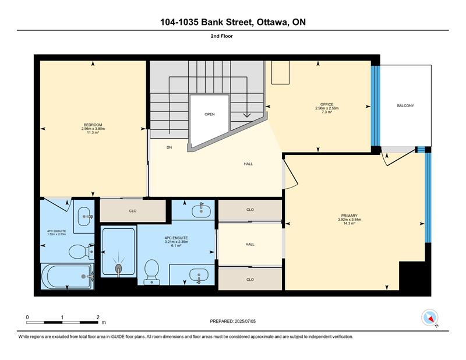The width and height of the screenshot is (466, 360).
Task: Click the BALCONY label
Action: click(x=405, y=105)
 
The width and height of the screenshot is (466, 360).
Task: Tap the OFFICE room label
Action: click(x=327, y=104)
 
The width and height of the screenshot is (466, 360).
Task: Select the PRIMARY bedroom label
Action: click(x=349, y=216)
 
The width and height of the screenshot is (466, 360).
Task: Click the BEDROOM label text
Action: click(x=93, y=125)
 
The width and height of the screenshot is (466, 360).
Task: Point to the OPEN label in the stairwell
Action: click(x=210, y=114)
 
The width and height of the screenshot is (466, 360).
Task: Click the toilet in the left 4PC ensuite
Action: click(x=82, y=252)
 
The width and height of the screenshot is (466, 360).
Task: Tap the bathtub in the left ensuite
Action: click(x=68, y=277)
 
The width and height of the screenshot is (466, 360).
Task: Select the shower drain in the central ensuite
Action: click(x=118, y=268)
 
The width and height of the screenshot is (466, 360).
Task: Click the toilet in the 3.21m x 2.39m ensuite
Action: click(x=152, y=271)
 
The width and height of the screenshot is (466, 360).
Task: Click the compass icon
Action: click(x=430, y=317)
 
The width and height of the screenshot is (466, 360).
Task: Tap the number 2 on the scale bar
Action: click(x=98, y=317)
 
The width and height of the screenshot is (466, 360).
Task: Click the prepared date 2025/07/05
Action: click(x=245, y=321)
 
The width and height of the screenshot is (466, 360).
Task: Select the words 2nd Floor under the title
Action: click(x=222, y=36)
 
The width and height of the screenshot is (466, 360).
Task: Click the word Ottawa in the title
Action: click(x=272, y=22)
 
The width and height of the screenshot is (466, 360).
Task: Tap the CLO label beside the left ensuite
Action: click(x=133, y=211)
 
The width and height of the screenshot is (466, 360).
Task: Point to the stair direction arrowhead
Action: click(x=247, y=115)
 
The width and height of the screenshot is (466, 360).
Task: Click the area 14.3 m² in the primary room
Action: click(x=349, y=223)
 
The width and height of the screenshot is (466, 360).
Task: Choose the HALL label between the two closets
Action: click(x=250, y=244)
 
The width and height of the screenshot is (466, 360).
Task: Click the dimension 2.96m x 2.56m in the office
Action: click(x=327, y=108)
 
